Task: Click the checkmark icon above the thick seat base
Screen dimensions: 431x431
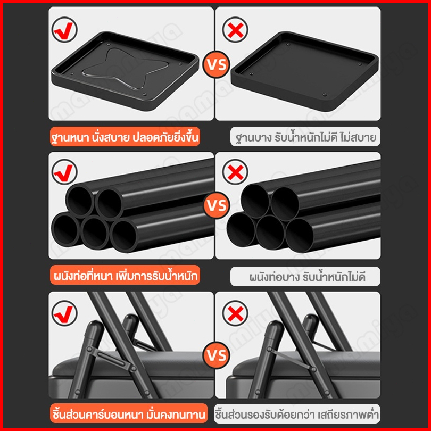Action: pyautogui.click(x=64, y=30)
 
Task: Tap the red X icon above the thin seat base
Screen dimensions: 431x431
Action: pyautogui.click(x=235, y=30)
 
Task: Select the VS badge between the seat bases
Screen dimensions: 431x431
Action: pyautogui.click(x=217, y=64)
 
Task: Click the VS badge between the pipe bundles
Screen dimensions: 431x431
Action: pyautogui.click(x=217, y=205)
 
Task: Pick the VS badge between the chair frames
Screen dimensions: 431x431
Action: pyautogui.click(x=217, y=355)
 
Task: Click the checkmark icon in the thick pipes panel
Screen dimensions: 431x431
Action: pyautogui.click(x=64, y=172)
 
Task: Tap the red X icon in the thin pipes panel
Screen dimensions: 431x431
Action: pyautogui.click(x=235, y=172)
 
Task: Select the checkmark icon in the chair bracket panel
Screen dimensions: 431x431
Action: pyautogui.click(x=64, y=313)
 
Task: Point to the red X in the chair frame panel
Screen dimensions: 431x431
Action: pyautogui.click(x=235, y=313)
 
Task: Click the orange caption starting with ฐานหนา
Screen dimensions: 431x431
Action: pyautogui.click(x=125, y=137)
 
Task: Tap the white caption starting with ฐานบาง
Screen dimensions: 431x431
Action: pyautogui.click(x=305, y=137)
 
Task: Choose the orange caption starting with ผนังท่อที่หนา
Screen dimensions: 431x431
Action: pyautogui.click(x=125, y=276)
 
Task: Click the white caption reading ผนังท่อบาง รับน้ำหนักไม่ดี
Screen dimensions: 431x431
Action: pyautogui.click(x=305, y=276)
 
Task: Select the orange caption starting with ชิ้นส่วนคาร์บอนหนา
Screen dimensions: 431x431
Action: pyautogui.click(x=129, y=413)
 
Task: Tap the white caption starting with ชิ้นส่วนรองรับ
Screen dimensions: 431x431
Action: pyautogui.click(x=297, y=413)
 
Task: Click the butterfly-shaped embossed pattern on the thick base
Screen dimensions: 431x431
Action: pyautogui.click(x=125, y=69)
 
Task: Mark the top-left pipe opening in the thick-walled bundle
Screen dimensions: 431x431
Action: pyautogui.click(x=80, y=200)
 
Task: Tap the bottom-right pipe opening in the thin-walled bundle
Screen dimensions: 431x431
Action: pyautogui.click(x=299, y=235)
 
